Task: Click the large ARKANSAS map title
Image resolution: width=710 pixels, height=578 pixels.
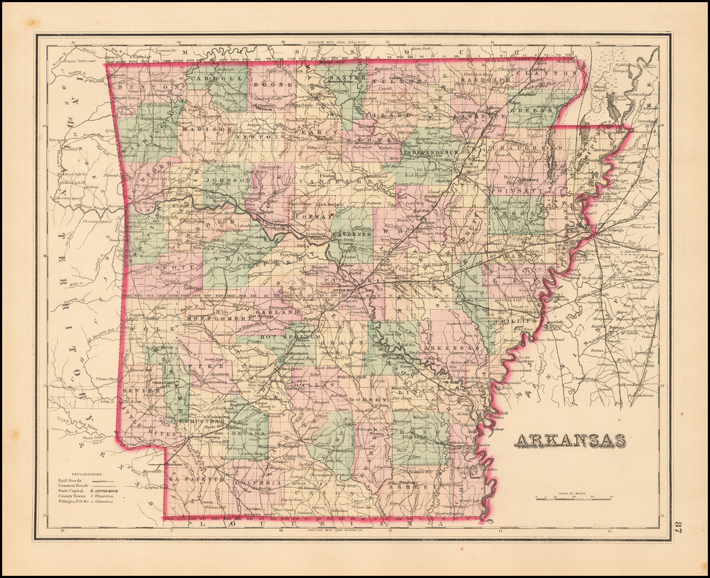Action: click(x=569, y=441)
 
